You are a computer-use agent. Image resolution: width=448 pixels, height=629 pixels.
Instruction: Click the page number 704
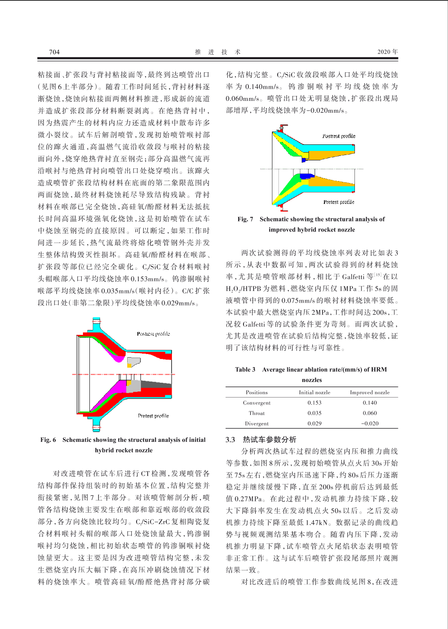[x=54, y=52]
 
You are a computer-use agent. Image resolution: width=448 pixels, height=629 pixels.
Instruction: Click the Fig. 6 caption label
[x=48, y=440]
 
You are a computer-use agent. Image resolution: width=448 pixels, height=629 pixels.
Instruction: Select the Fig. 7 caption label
[x=245, y=219]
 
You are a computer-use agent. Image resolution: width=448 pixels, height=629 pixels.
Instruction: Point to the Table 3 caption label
[x=245, y=369]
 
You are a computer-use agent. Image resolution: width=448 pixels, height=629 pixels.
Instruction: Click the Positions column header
[x=257, y=393]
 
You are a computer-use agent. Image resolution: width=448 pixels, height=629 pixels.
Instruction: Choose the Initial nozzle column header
[x=314, y=393]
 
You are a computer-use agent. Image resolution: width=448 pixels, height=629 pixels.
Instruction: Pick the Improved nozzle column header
[x=370, y=393]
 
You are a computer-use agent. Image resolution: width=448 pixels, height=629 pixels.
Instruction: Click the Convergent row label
[x=257, y=403]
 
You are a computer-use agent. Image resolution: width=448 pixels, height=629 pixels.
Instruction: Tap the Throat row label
[x=257, y=413]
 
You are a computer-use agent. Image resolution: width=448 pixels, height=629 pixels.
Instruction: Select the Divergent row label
[x=257, y=424]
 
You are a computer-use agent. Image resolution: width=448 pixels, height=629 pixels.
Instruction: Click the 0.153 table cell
[x=314, y=403]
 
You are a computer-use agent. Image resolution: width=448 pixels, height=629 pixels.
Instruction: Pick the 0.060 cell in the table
[x=370, y=413]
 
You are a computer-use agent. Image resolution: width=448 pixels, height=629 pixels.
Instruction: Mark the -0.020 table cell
[x=370, y=424]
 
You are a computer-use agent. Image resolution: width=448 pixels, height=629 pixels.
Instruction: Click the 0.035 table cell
[x=314, y=413]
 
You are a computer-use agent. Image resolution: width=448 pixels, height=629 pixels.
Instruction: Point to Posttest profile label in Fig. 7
[x=339, y=136]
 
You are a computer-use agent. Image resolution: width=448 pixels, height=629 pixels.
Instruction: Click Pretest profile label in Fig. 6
[x=153, y=416]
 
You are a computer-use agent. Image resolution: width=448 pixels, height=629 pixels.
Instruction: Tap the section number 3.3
[x=230, y=439]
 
